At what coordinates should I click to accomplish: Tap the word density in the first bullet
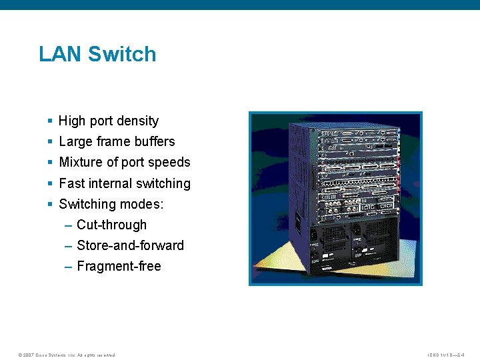point(138,121)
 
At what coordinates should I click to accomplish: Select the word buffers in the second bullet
point(154,141)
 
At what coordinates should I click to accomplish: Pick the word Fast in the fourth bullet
point(71,183)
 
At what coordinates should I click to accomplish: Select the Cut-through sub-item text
point(111,225)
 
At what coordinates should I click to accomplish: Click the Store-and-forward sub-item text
point(130,245)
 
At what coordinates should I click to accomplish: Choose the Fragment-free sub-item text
point(119,266)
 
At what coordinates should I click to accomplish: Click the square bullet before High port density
point(51,121)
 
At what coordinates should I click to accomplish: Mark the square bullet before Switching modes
point(51,204)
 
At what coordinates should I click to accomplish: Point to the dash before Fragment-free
point(69,267)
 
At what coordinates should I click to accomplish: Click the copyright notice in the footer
point(67,355)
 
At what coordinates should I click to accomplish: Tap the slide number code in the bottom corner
point(446,355)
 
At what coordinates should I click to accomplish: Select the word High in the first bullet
point(72,121)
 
